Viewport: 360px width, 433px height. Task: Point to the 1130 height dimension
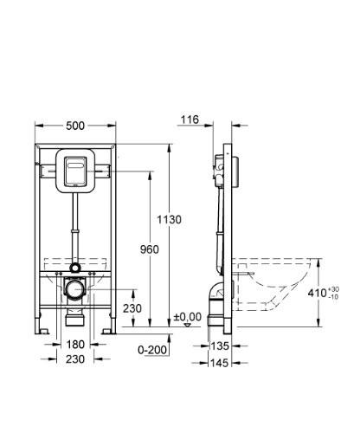click(170, 220)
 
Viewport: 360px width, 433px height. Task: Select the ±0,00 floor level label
click(188, 317)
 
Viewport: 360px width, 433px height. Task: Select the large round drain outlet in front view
click(75, 287)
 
